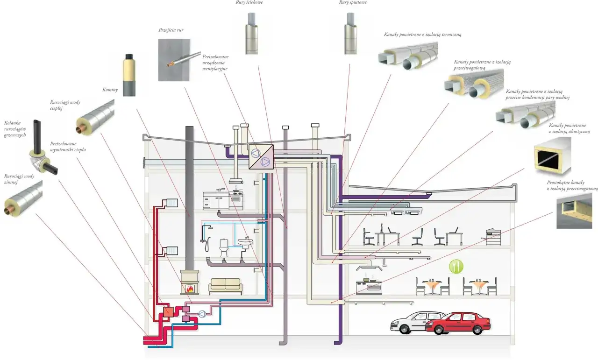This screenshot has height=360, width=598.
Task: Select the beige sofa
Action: click(x=225, y=285)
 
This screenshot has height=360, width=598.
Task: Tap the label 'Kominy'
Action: click(x=110, y=89)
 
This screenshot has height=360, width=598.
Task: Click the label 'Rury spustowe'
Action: click(x=353, y=3)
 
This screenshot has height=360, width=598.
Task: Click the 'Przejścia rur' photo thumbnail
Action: click(x=174, y=60)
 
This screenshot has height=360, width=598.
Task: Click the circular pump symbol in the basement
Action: click(x=202, y=314)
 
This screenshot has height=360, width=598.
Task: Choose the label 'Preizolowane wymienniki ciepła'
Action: click(x=67, y=147)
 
